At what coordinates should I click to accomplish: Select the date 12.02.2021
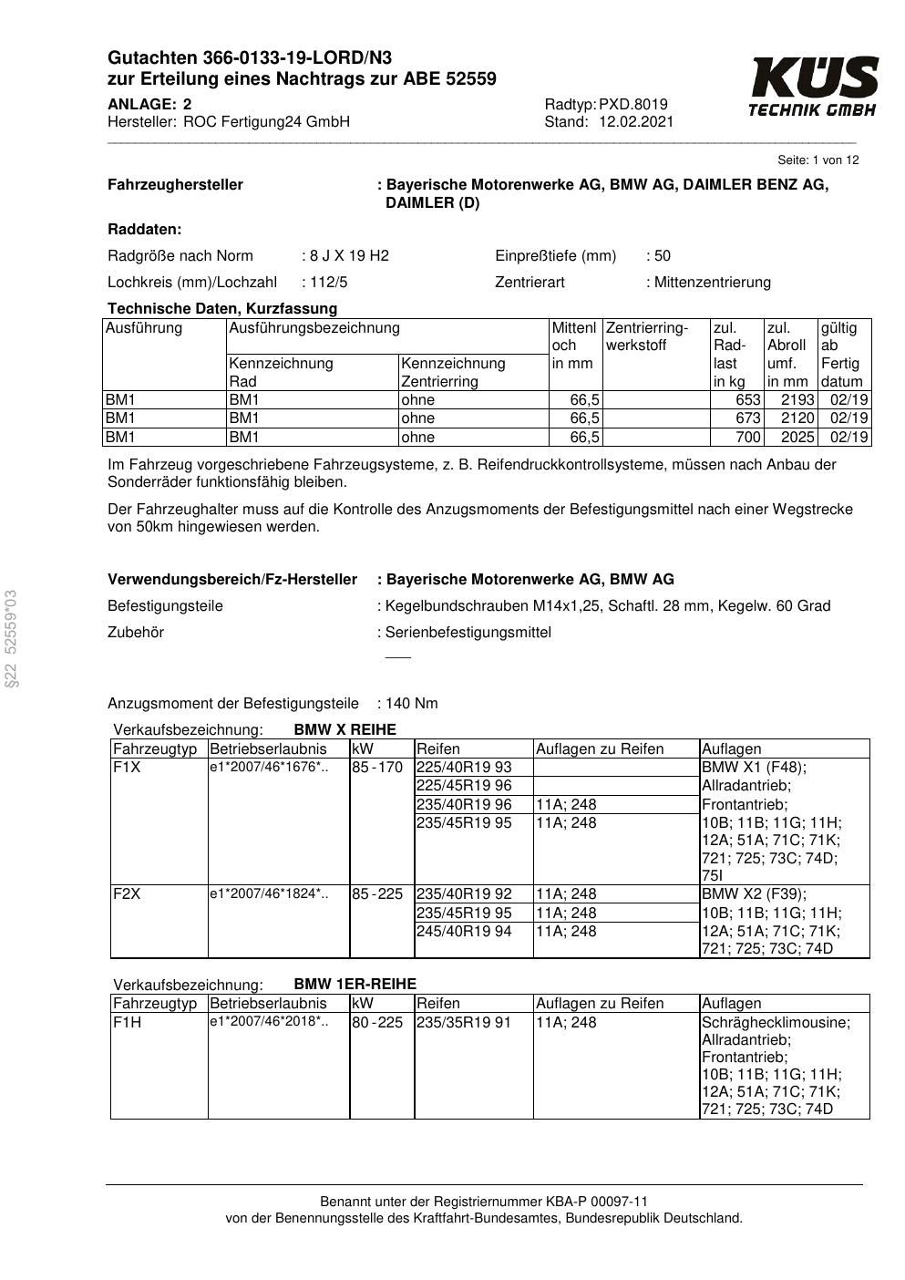click(636, 122)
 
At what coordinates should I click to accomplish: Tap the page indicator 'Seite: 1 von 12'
click(818, 160)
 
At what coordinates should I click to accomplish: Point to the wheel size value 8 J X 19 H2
click(349, 255)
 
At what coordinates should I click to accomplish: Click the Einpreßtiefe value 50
click(663, 255)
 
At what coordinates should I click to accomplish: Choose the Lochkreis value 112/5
click(329, 282)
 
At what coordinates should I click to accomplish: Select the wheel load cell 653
click(747, 400)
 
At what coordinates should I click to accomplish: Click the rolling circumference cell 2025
click(797, 437)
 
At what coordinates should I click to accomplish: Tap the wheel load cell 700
click(747, 437)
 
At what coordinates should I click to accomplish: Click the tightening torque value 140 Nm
click(412, 703)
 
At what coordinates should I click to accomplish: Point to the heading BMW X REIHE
click(345, 730)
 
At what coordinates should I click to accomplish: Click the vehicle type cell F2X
click(127, 894)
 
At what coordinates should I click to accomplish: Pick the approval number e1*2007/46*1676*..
click(269, 768)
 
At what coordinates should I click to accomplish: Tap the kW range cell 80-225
click(377, 1023)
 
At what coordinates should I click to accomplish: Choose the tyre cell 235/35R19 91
click(464, 1023)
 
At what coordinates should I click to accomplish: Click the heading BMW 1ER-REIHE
click(355, 985)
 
